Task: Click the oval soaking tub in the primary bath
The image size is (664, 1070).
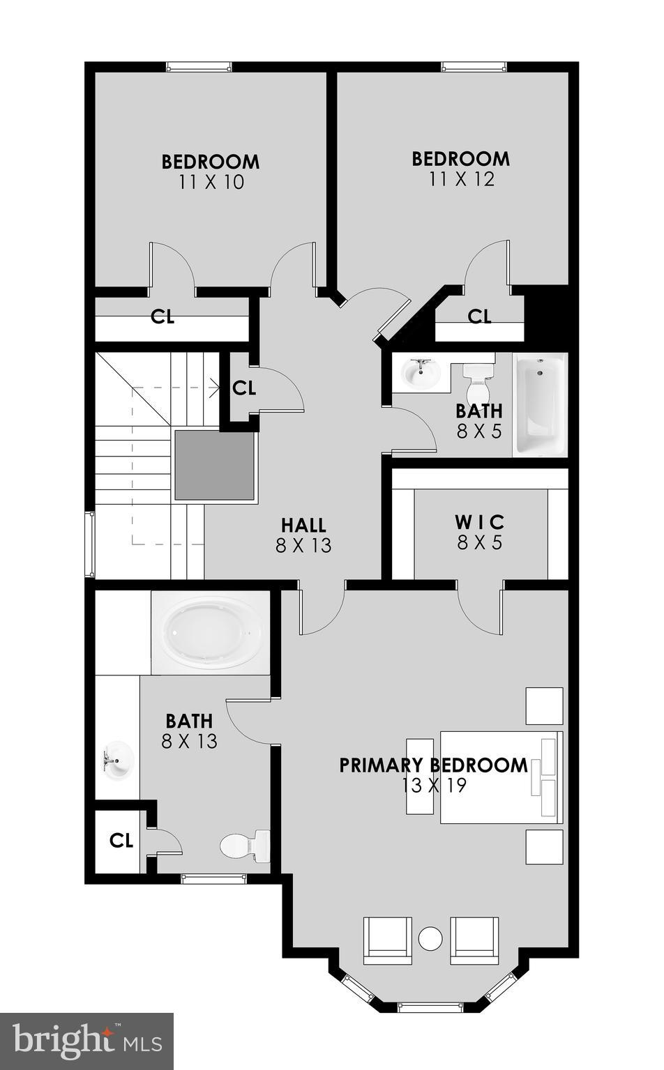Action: (x=210, y=633)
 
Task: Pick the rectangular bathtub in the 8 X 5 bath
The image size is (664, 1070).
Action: (x=540, y=404)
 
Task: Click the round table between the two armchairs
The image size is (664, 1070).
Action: (x=430, y=938)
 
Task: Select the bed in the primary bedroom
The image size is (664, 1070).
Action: (x=500, y=777)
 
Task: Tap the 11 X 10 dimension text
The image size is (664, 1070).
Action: (x=211, y=183)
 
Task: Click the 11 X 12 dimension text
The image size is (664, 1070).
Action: (x=461, y=179)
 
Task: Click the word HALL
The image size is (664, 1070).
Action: (x=303, y=525)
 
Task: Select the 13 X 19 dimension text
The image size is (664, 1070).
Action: (x=433, y=786)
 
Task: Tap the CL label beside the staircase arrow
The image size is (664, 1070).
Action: (x=244, y=388)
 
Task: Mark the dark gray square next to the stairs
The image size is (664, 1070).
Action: (x=214, y=465)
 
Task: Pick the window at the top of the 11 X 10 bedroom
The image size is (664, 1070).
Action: (x=198, y=67)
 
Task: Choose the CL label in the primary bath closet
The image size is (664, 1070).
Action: (x=121, y=841)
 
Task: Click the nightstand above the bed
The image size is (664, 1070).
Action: (x=544, y=705)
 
